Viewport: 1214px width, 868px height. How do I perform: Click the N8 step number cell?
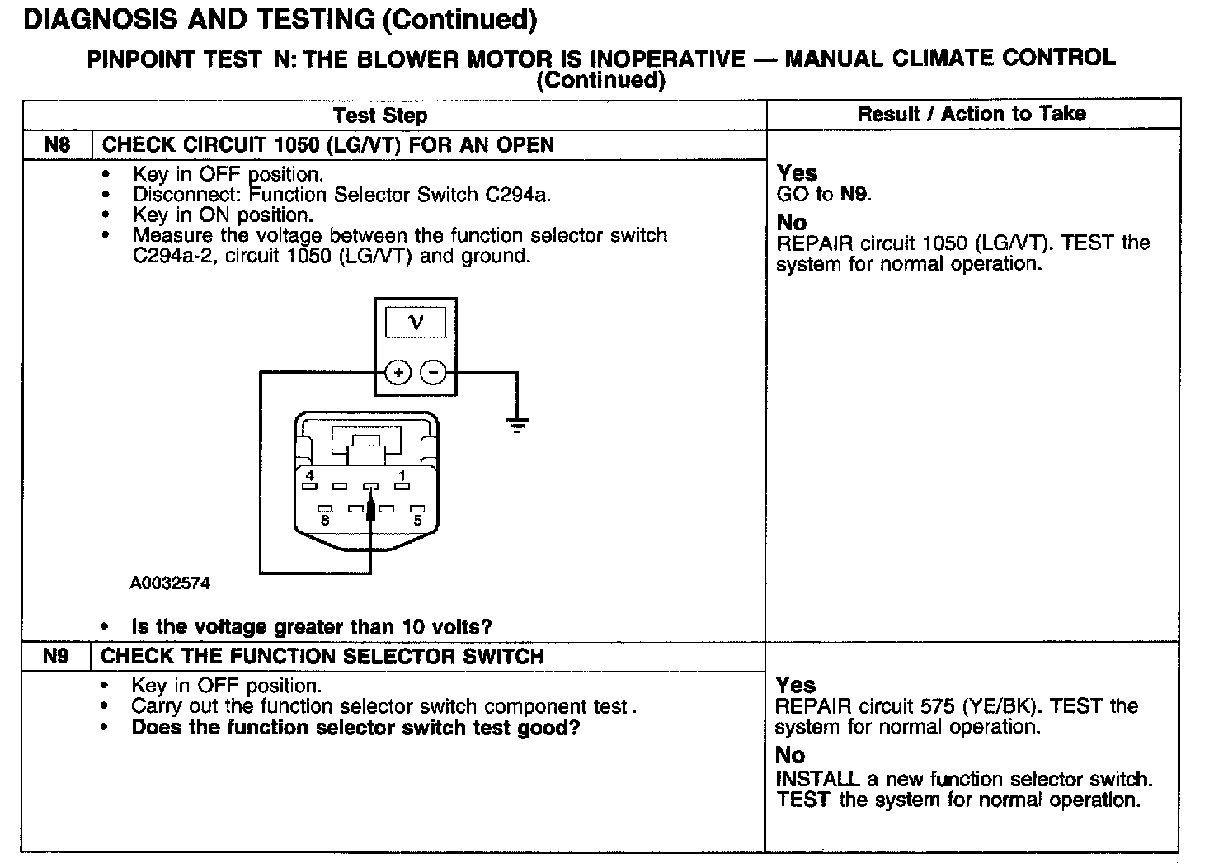57,145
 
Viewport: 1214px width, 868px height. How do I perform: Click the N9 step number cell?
55,657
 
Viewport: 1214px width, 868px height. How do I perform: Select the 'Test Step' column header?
380,116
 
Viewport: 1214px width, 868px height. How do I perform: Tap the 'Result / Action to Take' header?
972,114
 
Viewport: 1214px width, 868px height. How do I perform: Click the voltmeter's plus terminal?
398,373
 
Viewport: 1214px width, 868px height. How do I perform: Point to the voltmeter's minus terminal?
433,373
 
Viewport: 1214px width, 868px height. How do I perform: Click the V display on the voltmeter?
416,323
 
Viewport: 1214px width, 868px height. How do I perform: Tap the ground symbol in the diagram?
517,426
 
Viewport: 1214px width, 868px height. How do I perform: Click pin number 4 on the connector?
309,476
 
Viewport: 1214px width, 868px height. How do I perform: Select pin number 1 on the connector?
402,476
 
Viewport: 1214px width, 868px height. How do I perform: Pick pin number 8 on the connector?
325,520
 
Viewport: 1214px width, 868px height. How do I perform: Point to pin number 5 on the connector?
418,520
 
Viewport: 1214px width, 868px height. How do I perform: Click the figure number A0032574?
170,583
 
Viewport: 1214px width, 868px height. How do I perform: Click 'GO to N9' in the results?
824,195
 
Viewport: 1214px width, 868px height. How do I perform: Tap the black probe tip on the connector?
371,509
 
